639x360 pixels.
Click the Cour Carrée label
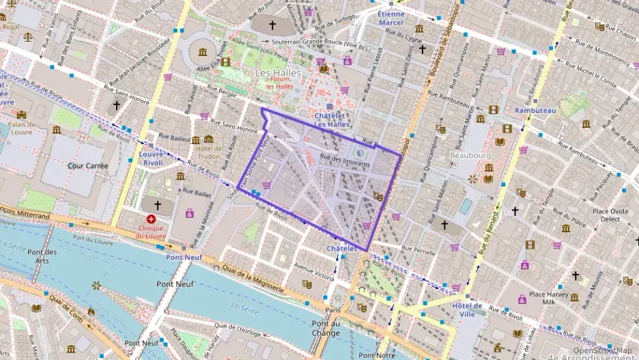click(88, 165)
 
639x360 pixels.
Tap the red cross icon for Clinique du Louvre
click(151, 220)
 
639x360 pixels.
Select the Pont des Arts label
click(42, 256)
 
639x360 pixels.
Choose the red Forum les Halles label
click(280, 83)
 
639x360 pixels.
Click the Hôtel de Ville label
click(468, 309)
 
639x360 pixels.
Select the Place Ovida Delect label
click(610, 215)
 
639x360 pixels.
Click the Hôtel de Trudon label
click(210, 152)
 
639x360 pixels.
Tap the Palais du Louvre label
click(22, 128)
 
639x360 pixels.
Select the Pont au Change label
click(326, 329)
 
